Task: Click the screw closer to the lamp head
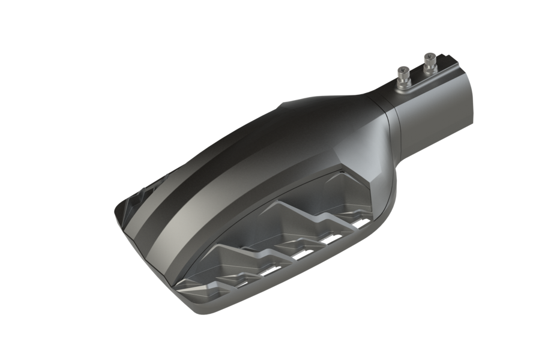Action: point(403,77)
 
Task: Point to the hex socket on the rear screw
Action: point(430,56)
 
